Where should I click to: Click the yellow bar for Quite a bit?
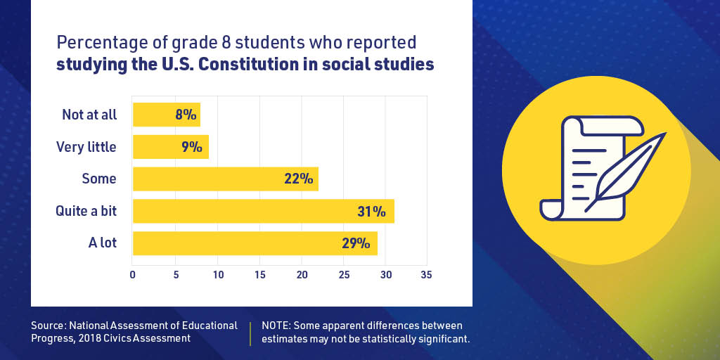(x=263, y=211)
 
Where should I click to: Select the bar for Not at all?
(x=166, y=115)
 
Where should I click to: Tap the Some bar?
(x=225, y=179)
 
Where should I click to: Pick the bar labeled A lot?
(x=255, y=243)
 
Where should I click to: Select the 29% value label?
(x=356, y=243)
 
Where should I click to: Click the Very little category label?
(x=86, y=147)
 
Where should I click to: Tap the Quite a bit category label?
(x=86, y=211)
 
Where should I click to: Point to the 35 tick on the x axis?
(x=426, y=275)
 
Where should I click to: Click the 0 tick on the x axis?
(x=133, y=275)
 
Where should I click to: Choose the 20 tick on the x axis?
(x=302, y=275)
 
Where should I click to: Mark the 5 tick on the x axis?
(x=176, y=275)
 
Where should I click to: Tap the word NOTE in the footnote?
(x=276, y=326)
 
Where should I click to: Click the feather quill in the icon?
(x=629, y=169)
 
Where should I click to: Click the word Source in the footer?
(x=47, y=326)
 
